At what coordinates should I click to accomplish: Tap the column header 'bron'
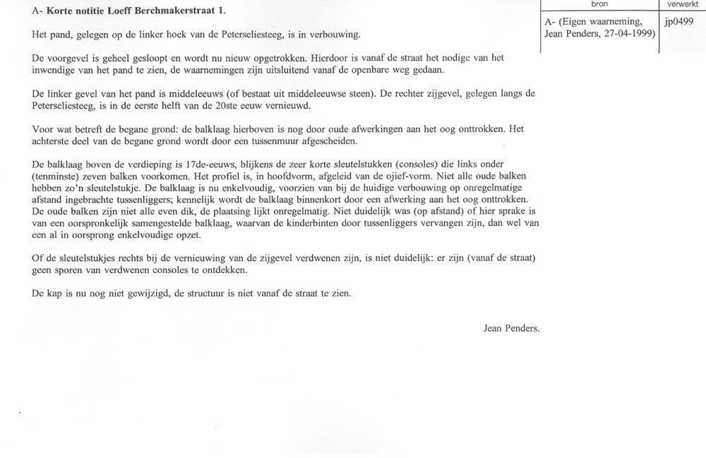[598, 4]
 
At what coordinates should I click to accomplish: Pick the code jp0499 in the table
[679, 22]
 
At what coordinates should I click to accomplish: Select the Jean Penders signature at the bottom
[511, 327]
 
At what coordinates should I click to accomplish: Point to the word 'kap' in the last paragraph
[57, 292]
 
